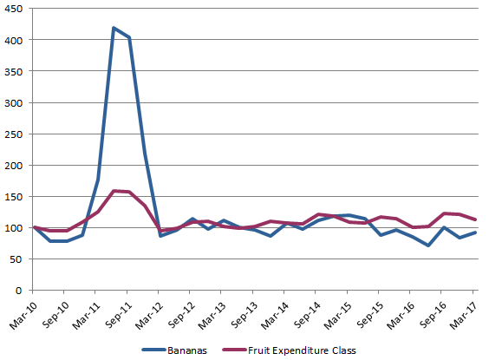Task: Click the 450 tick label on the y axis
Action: coord(15,9)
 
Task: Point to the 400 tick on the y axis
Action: coord(15,40)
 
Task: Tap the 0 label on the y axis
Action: coord(21,290)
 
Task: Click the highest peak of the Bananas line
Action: coord(114,28)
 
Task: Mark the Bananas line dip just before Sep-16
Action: coord(428,245)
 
